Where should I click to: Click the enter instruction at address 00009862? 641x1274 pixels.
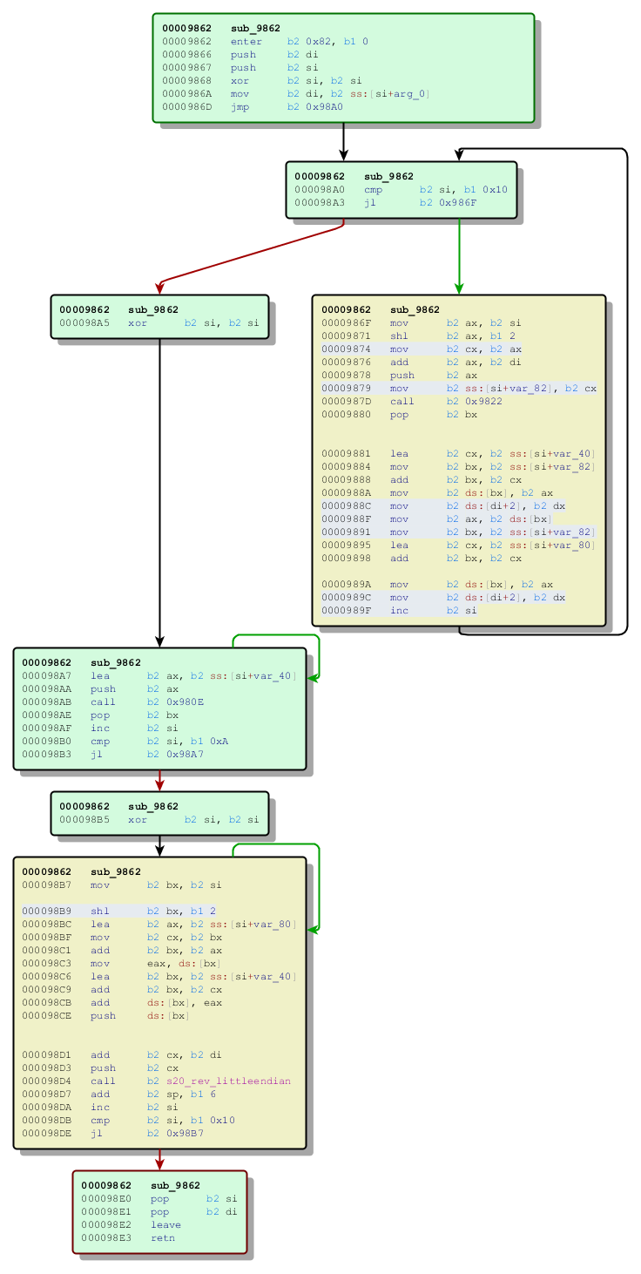tap(246, 41)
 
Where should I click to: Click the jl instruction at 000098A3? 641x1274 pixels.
tap(371, 202)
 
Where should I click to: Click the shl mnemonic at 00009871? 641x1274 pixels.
tap(399, 335)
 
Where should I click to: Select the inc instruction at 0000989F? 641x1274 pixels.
tap(399, 610)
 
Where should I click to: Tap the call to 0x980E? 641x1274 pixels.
tap(104, 701)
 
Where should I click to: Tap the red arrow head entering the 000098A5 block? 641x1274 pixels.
tap(159, 288)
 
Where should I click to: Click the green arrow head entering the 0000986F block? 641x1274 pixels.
tap(459, 288)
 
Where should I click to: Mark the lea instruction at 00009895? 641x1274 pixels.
tap(399, 545)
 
